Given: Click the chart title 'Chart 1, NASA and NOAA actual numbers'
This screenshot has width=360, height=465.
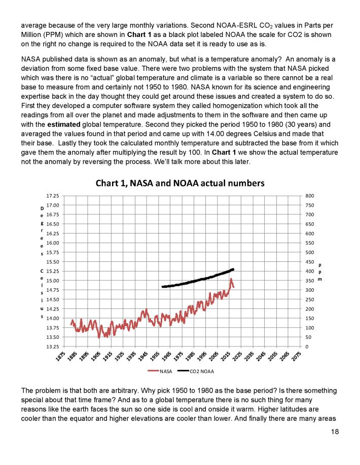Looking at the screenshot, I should [180, 183].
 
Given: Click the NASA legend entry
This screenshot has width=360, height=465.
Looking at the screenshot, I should [162, 371].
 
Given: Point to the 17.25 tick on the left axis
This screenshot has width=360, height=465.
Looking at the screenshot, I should [52, 196].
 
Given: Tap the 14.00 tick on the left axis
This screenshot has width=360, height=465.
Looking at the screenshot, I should [52, 318].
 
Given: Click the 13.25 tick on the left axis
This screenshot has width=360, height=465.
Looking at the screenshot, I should [52, 346].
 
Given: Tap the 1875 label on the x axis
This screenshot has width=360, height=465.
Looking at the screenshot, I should [60, 357].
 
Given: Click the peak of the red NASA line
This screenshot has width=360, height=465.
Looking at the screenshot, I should [231, 279].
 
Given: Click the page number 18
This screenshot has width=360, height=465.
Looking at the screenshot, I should [333, 432].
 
